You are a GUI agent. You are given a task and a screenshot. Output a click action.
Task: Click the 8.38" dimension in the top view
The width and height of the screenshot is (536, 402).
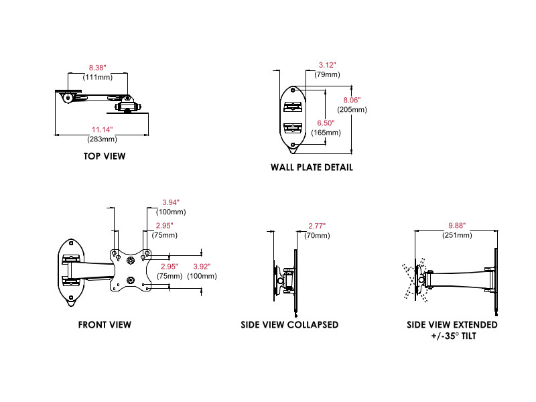pos(98,68)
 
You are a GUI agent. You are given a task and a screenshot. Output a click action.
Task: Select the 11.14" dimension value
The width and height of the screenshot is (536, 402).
pos(103,129)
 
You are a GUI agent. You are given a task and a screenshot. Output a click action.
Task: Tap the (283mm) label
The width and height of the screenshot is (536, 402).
pos(103,139)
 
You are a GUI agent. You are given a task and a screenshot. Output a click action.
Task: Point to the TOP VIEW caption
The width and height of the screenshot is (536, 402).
pos(105,156)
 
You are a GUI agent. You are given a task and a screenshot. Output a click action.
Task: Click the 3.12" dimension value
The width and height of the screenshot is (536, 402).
pos(327,65)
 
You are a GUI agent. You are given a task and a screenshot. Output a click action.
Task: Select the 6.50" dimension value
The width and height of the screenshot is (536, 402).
pos(326,123)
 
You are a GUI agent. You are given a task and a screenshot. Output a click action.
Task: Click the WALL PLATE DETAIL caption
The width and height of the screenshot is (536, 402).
pos(312,167)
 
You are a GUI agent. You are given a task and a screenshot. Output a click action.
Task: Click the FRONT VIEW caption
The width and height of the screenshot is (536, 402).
pos(105,324)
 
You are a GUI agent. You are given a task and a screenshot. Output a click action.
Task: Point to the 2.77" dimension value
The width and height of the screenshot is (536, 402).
pos(317,226)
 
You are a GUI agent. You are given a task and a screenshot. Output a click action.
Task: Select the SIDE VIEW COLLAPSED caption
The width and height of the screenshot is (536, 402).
pos(289,324)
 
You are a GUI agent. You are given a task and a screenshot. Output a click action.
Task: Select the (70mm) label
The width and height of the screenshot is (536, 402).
pos(317,235)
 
